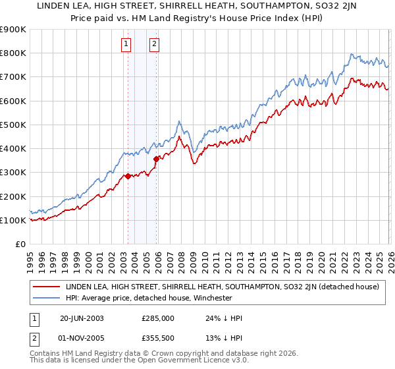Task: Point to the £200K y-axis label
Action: coord(13,196)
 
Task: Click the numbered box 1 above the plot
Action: coord(126,44)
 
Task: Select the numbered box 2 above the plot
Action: coord(154,44)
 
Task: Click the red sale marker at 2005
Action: coord(156,159)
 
